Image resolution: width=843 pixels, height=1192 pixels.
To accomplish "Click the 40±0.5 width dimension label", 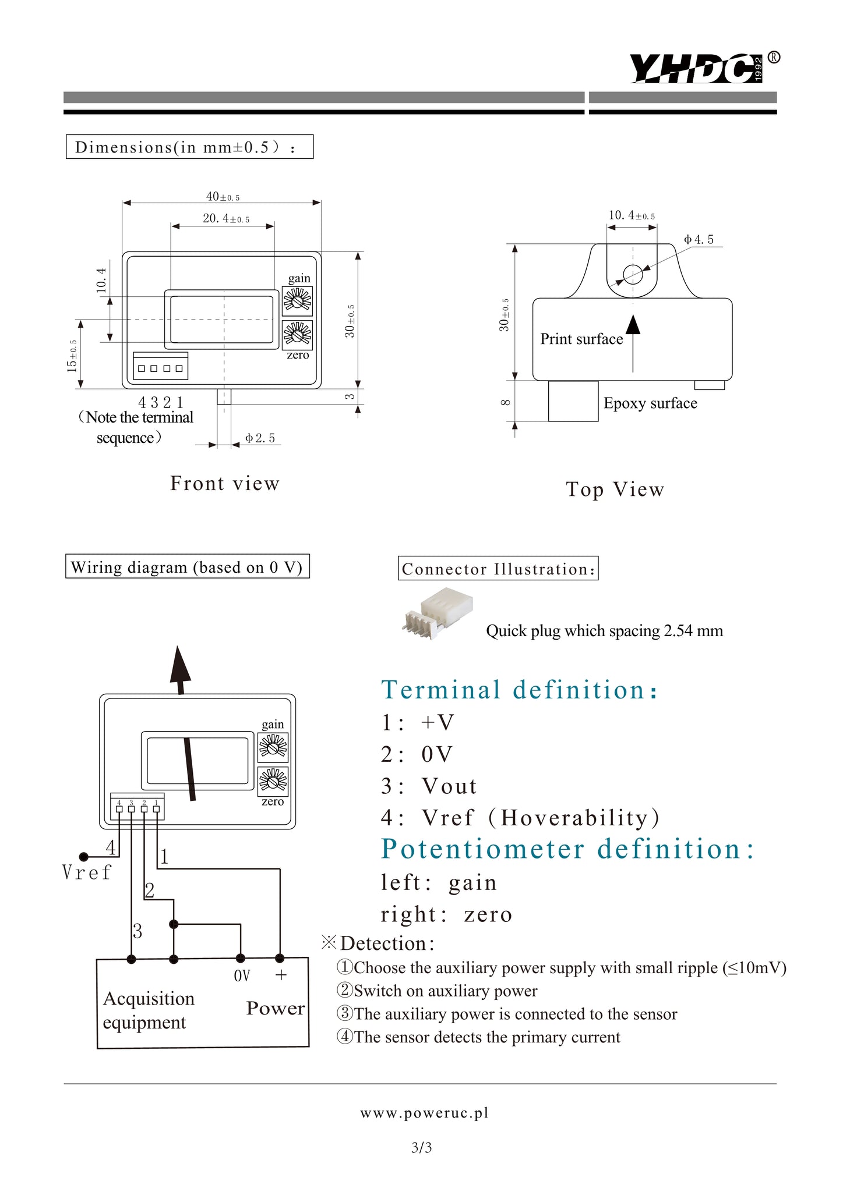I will [x=223, y=197].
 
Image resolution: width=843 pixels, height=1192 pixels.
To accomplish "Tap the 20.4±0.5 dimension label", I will [x=226, y=219].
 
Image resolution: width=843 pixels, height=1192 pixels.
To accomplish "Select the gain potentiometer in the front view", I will [x=298, y=301].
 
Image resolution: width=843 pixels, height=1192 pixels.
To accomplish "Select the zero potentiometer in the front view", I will [x=298, y=335].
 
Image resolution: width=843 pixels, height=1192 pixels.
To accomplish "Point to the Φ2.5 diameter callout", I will [x=260, y=438].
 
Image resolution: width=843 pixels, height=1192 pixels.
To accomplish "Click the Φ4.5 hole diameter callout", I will [x=699, y=240].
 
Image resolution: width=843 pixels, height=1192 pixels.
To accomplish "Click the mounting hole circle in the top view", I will [x=633, y=274].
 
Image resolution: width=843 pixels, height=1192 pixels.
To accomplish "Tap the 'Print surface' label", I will [x=581, y=339].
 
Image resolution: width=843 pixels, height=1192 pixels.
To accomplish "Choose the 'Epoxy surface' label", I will [x=650, y=403].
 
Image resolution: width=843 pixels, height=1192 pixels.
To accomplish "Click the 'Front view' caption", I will [x=225, y=483].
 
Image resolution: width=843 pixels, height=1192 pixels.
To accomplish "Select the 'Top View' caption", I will [x=615, y=489].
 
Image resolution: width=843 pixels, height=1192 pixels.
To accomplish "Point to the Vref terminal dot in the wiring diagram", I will [x=84, y=857].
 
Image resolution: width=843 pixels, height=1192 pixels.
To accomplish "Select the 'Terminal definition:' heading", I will [x=520, y=690].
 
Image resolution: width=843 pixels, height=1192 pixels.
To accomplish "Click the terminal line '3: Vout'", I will [x=429, y=786].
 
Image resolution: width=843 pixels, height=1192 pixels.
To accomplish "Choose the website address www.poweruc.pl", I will [x=424, y=1113].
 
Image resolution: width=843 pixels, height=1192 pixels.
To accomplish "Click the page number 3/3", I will [x=421, y=1148].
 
